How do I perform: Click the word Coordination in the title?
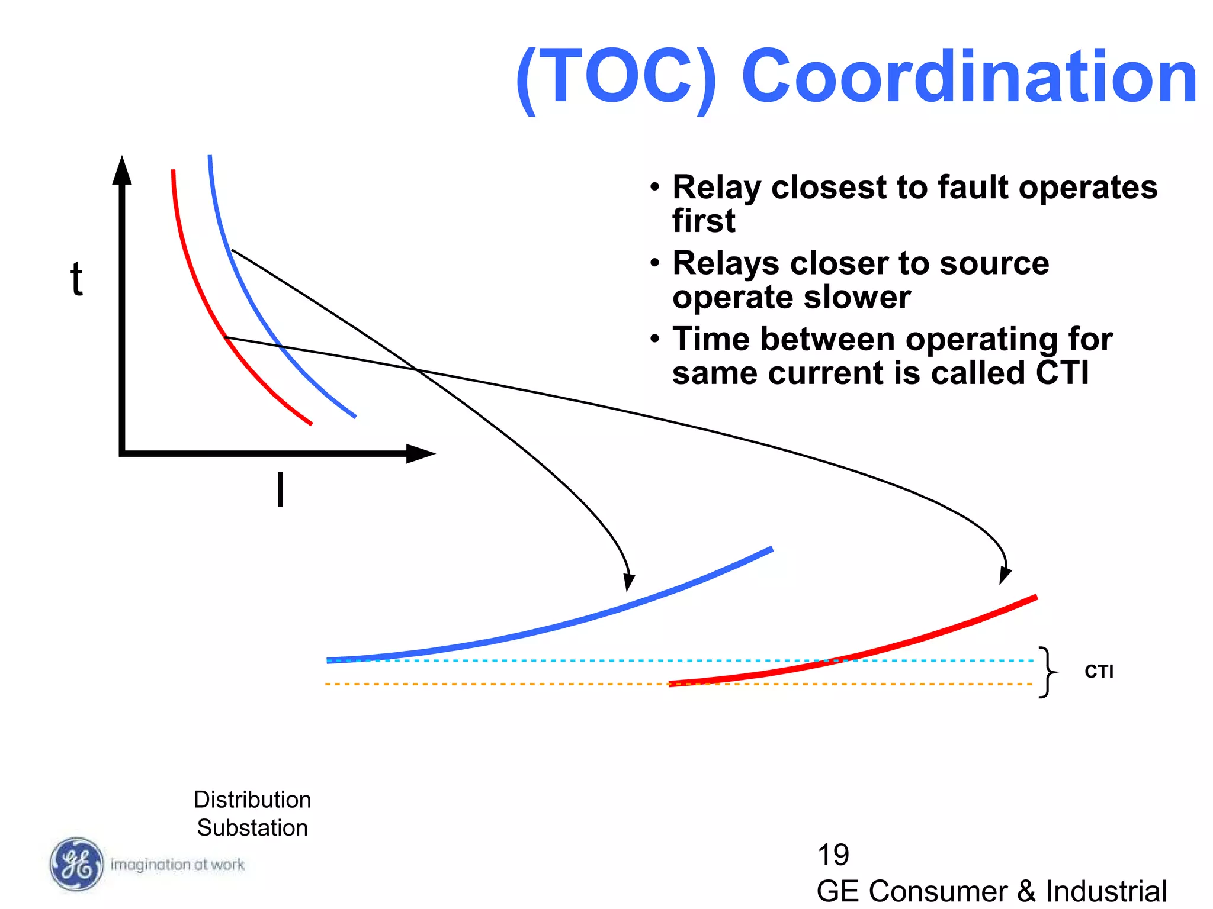click(x=969, y=77)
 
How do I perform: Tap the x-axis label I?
click(x=280, y=489)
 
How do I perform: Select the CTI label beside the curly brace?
click(x=1099, y=672)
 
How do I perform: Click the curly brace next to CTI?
click(x=1048, y=672)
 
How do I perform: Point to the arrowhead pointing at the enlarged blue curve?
click(x=629, y=582)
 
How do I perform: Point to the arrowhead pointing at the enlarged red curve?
click(x=1005, y=575)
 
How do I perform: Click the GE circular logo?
click(x=76, y=864)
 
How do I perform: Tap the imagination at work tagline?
click(x=178, y=865)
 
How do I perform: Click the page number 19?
click(x=833, y=855)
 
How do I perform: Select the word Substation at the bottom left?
click(x=252, y=827)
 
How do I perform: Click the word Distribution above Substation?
click(x=252, y=800)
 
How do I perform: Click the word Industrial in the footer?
click(x=1106, y=891)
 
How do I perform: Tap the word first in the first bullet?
click(x=704, y=221)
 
